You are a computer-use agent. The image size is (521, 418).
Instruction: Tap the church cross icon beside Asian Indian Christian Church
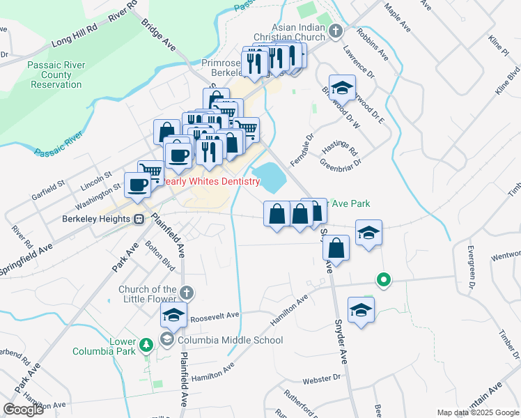[336, 31]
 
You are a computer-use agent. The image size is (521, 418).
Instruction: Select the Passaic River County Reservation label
[56, 75]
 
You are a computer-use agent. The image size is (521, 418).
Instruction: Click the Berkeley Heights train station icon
[139, 219]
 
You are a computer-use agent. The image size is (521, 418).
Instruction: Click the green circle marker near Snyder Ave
[382, 280]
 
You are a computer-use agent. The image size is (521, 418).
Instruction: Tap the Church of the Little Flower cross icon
[186, 292]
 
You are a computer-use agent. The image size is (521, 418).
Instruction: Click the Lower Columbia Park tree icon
[146, 344]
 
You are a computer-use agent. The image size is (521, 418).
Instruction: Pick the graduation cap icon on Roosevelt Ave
[173, 316]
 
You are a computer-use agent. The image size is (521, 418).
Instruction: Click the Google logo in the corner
[23, 409]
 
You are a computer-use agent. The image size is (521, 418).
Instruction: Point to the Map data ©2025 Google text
[478, 412]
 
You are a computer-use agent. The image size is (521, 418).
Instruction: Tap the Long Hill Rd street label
[74, 38]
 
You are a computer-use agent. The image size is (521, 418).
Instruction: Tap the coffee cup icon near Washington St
[137, 185]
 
